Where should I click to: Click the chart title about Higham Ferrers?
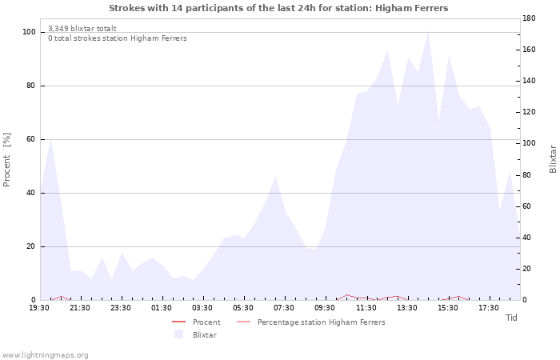coord(278,8)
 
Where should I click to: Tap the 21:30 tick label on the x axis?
coord(80,308)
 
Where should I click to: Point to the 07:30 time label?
coord(284,308)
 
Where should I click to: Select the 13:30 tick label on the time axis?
coord(406,308)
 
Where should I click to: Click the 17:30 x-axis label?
coord(489,308)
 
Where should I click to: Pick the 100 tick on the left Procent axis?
coord(29,32)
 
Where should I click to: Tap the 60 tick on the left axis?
coord(31,139)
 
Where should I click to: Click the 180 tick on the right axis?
coord(529,18)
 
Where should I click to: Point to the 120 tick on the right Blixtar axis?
coord(529,112)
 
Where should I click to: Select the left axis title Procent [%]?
coord(6,160)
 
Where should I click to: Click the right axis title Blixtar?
coord(553,159)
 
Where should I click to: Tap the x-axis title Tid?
coord(511,318)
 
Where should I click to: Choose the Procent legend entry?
coord(206,322)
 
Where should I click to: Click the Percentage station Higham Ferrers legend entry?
coord(321,322)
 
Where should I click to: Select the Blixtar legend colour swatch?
coord(178,334)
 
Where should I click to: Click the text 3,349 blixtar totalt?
coord(82,29)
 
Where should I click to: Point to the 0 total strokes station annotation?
coord(118,38)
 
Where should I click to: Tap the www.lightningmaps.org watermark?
coord(44,355)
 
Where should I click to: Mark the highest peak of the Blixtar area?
coord(428,32)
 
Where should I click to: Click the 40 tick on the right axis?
coord(526,238)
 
